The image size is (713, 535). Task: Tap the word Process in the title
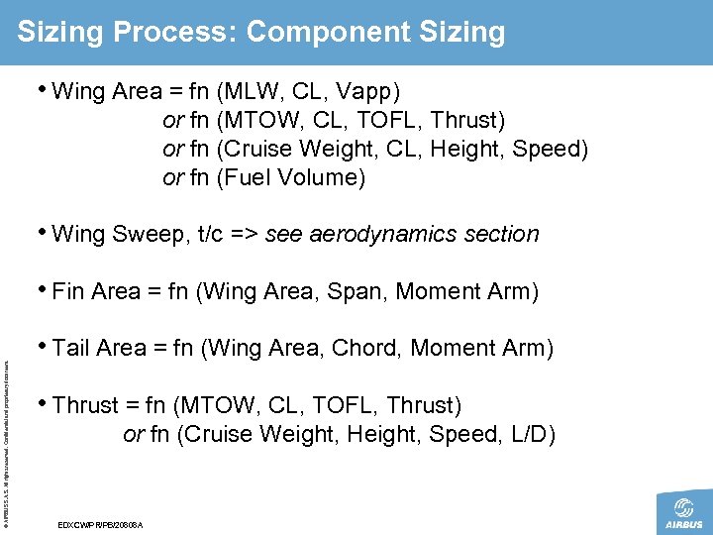[x=173, y=32]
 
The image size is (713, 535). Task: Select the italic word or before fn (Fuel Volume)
[x=172, y=178]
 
